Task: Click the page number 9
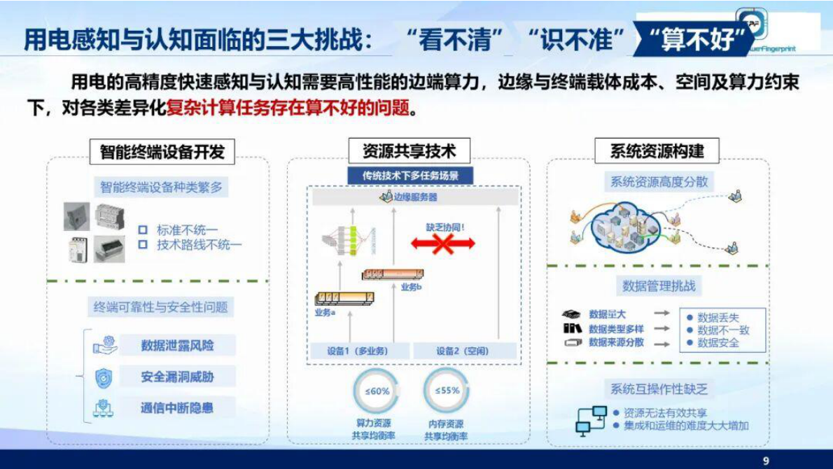tap(765, 460)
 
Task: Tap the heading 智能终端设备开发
tap(162, 151)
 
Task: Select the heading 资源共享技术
tap(409, 151)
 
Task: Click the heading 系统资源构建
tap(656, 151)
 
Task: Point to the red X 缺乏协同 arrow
tap(442, 244)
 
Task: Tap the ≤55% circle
tap(446, 391)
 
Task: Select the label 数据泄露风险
tap(177, 345)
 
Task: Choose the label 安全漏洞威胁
tap(177, 377)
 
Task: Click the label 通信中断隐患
tap(177, 408)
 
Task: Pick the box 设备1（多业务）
tap(358, 351)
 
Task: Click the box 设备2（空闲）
tap(463, 351)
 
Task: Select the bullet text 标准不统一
tap(187, 230)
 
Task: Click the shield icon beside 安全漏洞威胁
tap(104, 377)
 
